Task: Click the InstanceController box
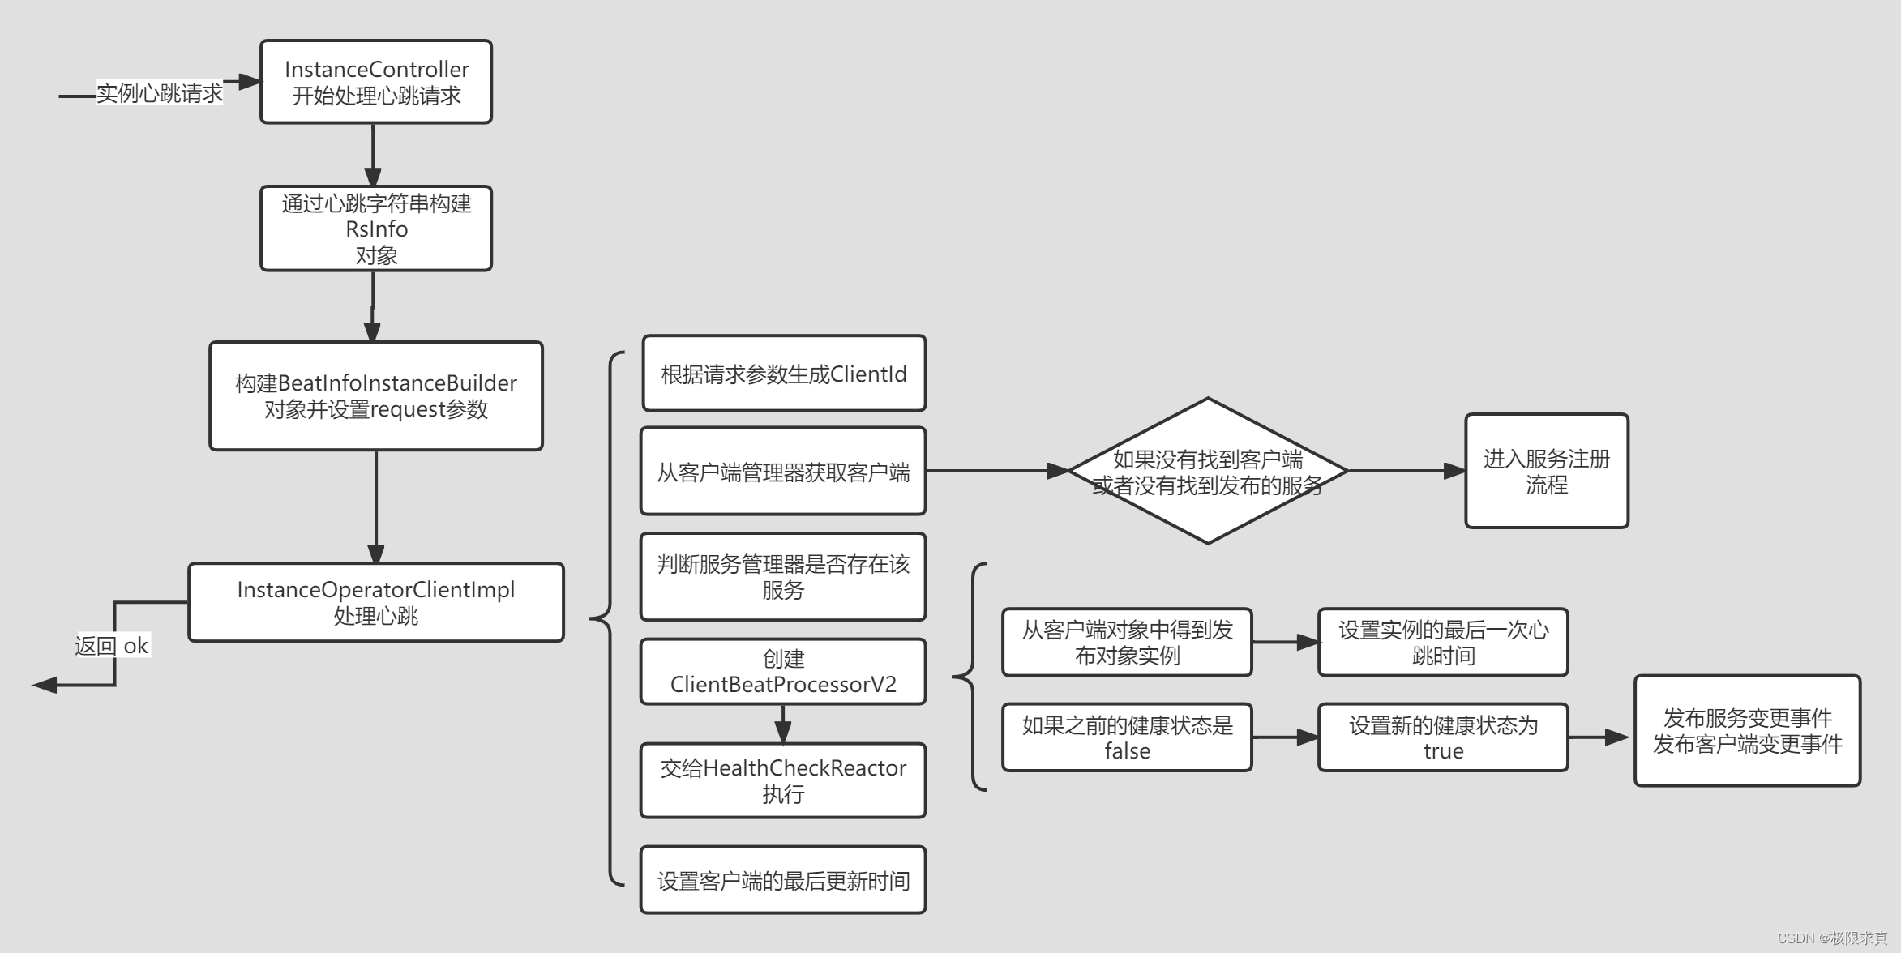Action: (x=376, y=82)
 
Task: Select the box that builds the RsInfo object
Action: (x=376, y=229)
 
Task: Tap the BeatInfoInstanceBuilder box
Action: (x=376, y=395)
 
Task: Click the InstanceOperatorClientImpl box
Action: (x=376, y=602)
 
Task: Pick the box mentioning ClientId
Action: (x=783, y=374)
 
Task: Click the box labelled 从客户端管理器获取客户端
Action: (x=783, y=471)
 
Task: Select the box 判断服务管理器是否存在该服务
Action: (x=783, y=576)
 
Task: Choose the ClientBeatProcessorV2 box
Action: (x=783, y=671)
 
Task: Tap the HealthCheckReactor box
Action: (x=783, y=780)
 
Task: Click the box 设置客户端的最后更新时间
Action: (x=783, y=880)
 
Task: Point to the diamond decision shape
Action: (x=1208, y=471)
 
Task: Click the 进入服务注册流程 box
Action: (x=1546, y=471)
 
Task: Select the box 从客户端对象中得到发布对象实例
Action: (x=1127, y=642)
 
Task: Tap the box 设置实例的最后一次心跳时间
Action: (x=1443, y=642)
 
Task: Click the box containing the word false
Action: (x=1127, y=737)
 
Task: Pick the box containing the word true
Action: (x=1443, y=737)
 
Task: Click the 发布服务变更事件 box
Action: (x=1747, y=730)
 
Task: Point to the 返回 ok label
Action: (x=112, y=646)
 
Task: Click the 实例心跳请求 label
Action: (x=160, y=93)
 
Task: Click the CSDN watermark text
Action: (x=1832, y=938)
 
